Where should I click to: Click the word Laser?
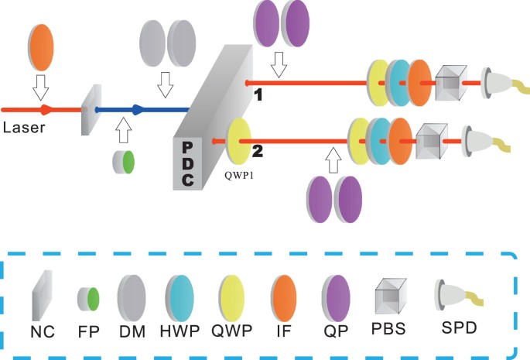tap(22, 126)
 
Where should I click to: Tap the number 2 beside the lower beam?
tap(258, 151)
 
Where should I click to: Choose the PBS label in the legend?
tap(388, 328)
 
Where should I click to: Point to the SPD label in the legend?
tap(456, 328)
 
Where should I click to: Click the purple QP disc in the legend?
tap(333, 297)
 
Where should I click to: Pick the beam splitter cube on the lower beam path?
tap(430, 141)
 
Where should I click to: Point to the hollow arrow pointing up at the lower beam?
tap(333, 161)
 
